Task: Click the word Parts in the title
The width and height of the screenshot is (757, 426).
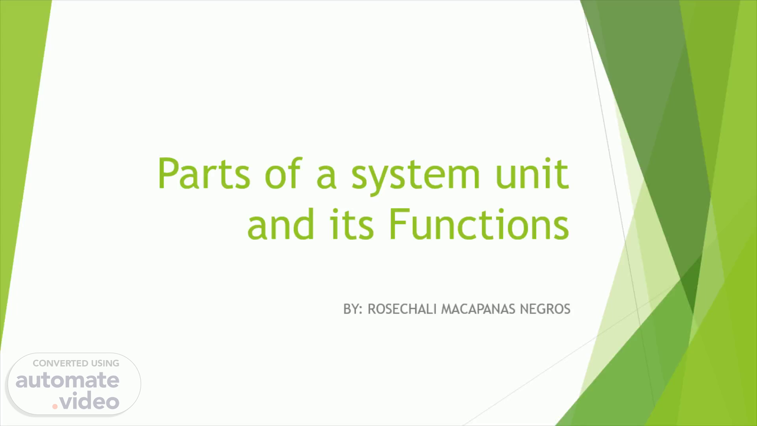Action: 204,174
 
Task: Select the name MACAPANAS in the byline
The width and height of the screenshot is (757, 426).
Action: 478,309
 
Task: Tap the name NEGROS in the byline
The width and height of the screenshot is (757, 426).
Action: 545,309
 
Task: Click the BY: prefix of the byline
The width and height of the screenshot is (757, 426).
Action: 353,309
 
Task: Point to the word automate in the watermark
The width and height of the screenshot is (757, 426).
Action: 67,380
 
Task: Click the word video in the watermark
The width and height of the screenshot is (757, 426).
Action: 89,401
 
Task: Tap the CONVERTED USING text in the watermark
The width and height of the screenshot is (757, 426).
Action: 76,363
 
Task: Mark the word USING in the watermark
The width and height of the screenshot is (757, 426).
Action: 105,363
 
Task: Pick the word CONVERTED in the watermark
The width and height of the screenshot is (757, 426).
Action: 60,363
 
